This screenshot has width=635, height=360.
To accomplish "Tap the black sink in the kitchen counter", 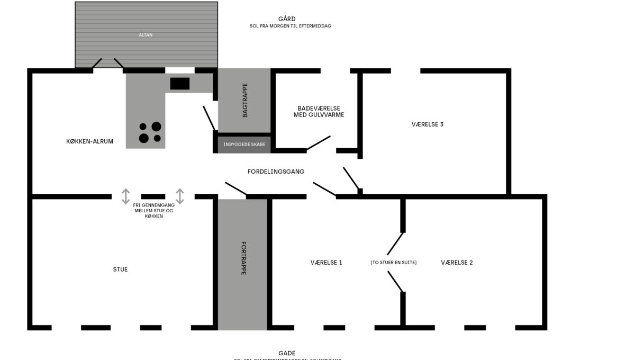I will point(180,84).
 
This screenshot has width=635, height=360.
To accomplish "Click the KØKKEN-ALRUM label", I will point(89,141).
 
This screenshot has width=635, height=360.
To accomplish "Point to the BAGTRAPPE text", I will point(245,101).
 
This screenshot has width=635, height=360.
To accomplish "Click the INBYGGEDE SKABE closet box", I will point(244,144).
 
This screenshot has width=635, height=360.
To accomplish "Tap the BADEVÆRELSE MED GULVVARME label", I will point(319,111).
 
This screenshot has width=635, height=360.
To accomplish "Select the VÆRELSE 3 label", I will point(428,124).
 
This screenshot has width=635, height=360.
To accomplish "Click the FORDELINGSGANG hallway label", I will point(276,171).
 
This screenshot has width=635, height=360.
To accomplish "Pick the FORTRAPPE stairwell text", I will point(243,258).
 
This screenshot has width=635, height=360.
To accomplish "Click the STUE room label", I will point(120,269).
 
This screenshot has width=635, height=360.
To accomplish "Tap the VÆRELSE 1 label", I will point(326,263).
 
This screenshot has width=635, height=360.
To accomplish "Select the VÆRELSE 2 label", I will point(457,263).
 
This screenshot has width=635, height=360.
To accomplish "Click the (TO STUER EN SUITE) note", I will point(393,263).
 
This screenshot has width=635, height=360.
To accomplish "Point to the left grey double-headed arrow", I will point(125,196).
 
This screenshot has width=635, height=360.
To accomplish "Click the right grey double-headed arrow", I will point(180,196).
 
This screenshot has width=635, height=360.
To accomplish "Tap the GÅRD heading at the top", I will point(287,19).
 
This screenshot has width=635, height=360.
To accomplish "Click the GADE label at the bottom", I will point(287,353).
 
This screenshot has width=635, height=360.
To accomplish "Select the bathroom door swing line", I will point(319,143).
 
